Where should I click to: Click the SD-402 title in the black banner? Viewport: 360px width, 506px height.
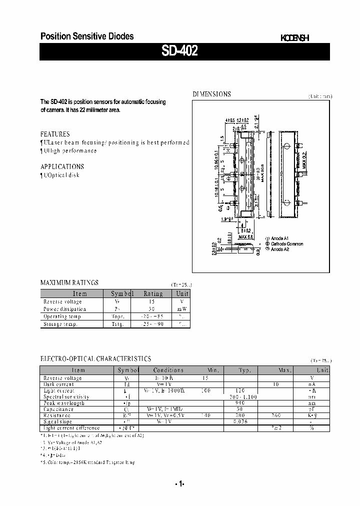tap(179, 52)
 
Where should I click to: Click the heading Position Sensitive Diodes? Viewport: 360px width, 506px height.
tap(86, 36)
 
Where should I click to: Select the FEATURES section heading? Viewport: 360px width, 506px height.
tap(55, 134)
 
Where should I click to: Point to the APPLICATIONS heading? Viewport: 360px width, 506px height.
tap(62, 166)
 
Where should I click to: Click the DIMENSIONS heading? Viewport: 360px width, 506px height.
tap(212, 94)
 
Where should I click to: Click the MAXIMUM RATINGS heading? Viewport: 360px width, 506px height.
tap(69, 282)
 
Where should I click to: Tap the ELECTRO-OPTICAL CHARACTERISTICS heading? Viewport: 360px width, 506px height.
tap(95, 359)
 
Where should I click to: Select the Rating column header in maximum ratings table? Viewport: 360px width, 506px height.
tap(153, 294)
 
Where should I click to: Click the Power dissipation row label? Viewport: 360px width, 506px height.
tap(64, 309)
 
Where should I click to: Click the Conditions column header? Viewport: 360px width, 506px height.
tap(168, 370)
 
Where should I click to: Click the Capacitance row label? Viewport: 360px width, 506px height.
tap(58, 409)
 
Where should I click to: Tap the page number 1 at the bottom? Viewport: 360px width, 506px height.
tap(180, 484)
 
